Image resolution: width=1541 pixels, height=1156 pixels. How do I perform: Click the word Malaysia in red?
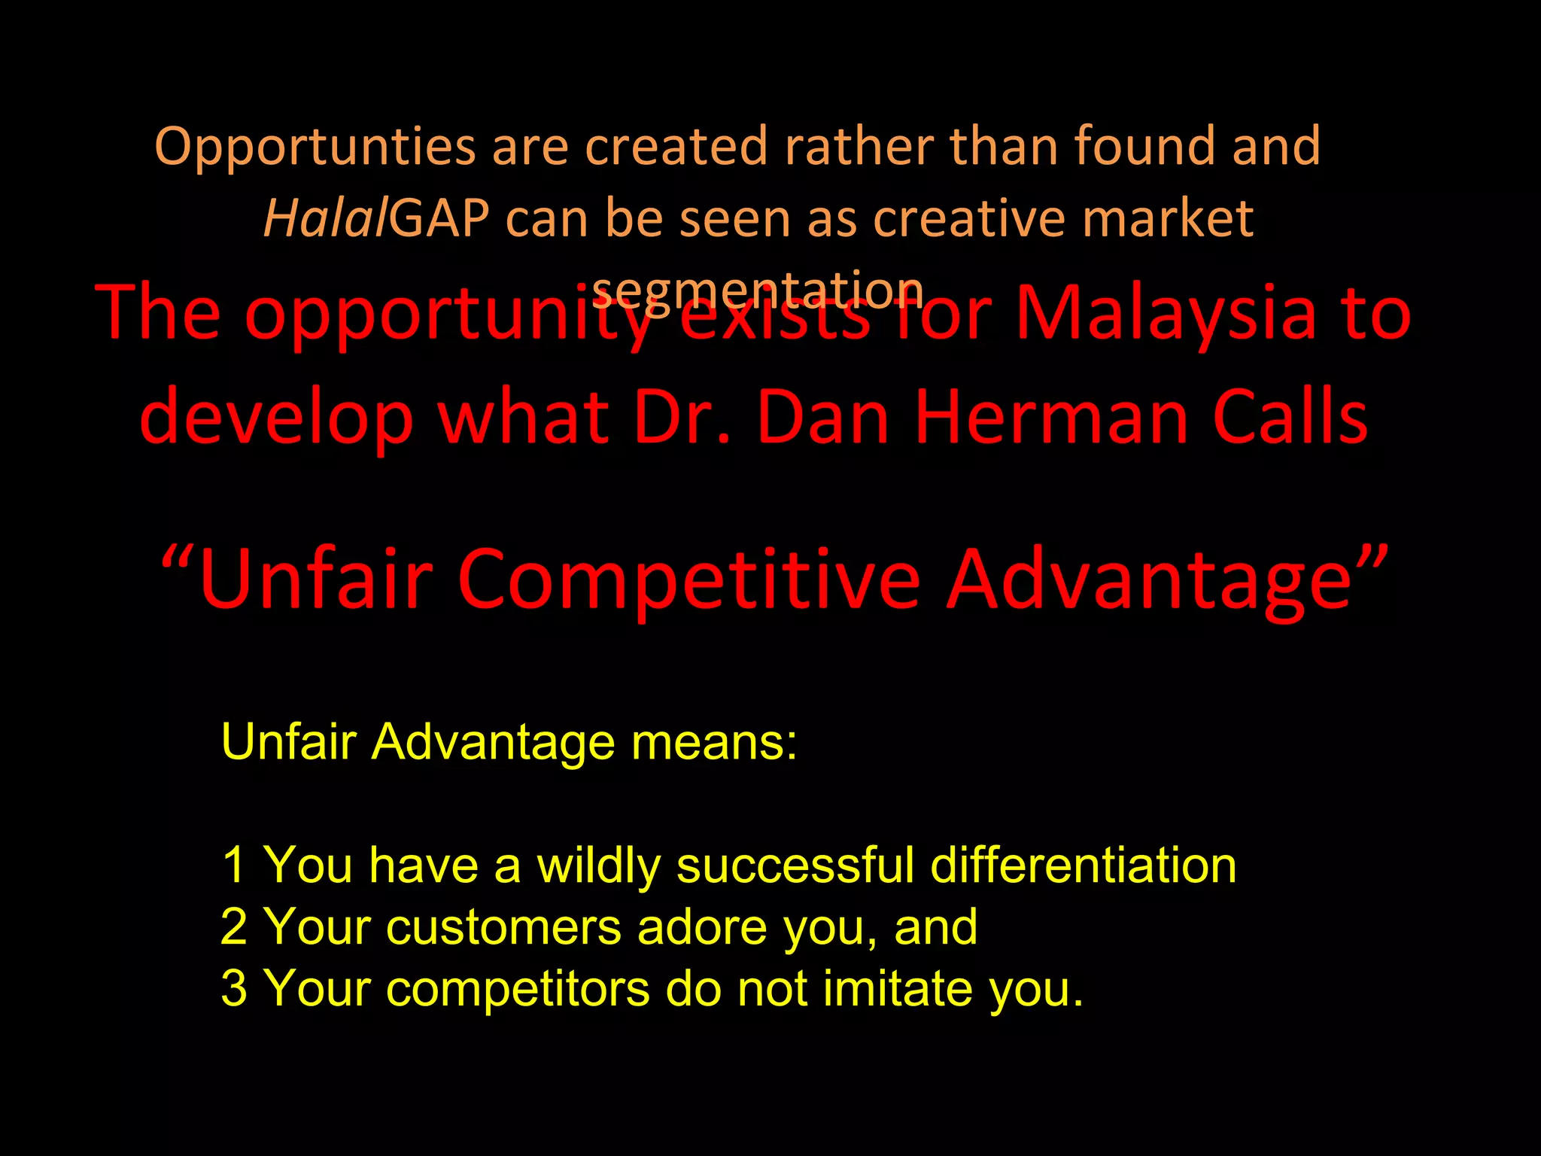pyautogui.click(x=1166, y=314)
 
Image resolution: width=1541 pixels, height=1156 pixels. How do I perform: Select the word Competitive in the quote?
pyautogui.click(x=688, y=580)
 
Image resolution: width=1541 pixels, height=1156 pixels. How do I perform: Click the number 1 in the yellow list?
pyautogui.click(x=234, y=865)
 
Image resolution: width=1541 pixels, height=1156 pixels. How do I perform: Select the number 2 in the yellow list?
pyautogui.click(x=234, y=926)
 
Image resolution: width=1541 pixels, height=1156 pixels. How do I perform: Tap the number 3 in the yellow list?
pyautogui.click(x=234, y=988)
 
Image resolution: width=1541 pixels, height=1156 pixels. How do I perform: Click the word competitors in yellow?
pyautogui.click(x=518, y=988)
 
